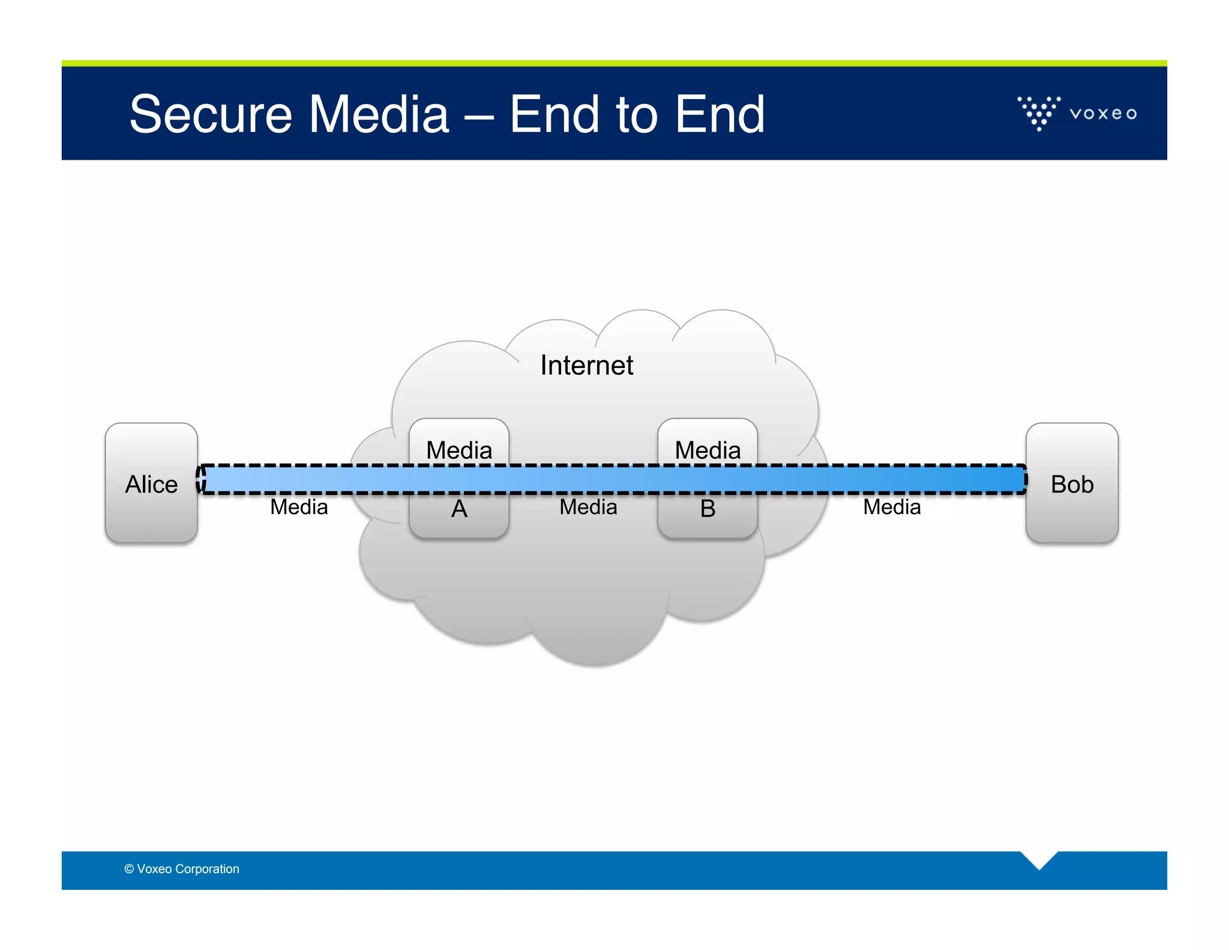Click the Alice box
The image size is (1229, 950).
pos(151,484)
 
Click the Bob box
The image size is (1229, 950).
pos(1072,484)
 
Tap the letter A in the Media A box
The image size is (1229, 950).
pos(459,509)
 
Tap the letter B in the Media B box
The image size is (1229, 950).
pos(708,509)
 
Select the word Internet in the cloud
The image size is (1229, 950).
pos(586,365)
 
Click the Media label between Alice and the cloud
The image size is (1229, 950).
pos(299,507)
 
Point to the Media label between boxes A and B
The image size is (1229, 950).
pos(588,507)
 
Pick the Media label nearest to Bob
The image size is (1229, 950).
pos(892,507)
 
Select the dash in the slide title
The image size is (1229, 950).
pos(479,115)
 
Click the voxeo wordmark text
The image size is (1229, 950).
pos(1103,113)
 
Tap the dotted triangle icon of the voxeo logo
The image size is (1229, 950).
pos(1039,112)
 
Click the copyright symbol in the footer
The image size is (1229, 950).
pos(129,869)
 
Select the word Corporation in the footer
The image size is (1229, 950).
pos(207,869)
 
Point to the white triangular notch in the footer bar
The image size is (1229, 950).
pos(1039,858)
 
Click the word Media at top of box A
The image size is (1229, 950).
pos(459,450)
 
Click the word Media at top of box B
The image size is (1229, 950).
pos(708,450)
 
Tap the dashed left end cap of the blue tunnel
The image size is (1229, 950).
pos(201,479)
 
